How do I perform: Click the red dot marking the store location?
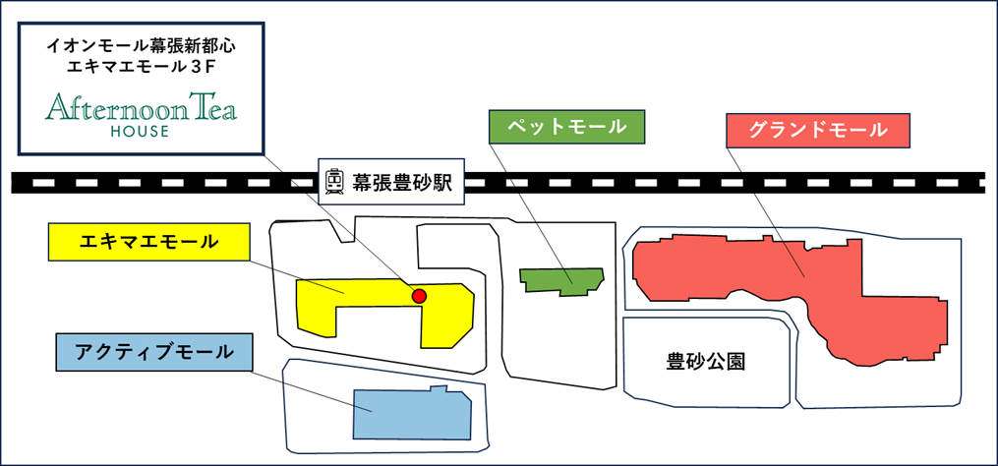[419, 295]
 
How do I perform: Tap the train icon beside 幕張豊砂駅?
[334, 182]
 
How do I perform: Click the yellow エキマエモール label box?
[147, 241]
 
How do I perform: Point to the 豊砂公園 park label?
[705, 361]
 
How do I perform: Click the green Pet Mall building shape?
[563, 280]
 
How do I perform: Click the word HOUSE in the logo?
[141, 131]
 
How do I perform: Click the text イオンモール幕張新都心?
[142, 45]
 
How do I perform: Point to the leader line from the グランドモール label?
[771, 211]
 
